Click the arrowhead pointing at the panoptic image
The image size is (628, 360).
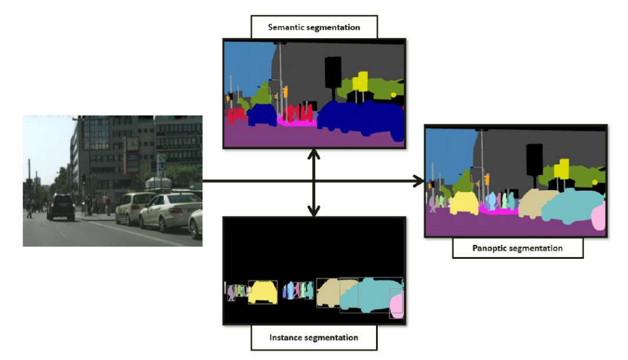point(418,180)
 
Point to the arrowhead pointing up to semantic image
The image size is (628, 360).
point(314,155)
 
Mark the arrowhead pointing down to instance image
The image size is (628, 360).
point(314,210)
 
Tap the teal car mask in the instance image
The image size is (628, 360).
point(366,297)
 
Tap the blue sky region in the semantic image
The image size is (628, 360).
point(245,61)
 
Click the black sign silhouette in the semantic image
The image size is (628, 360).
point(332,72)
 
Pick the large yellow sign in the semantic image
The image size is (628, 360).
point(360,81)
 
